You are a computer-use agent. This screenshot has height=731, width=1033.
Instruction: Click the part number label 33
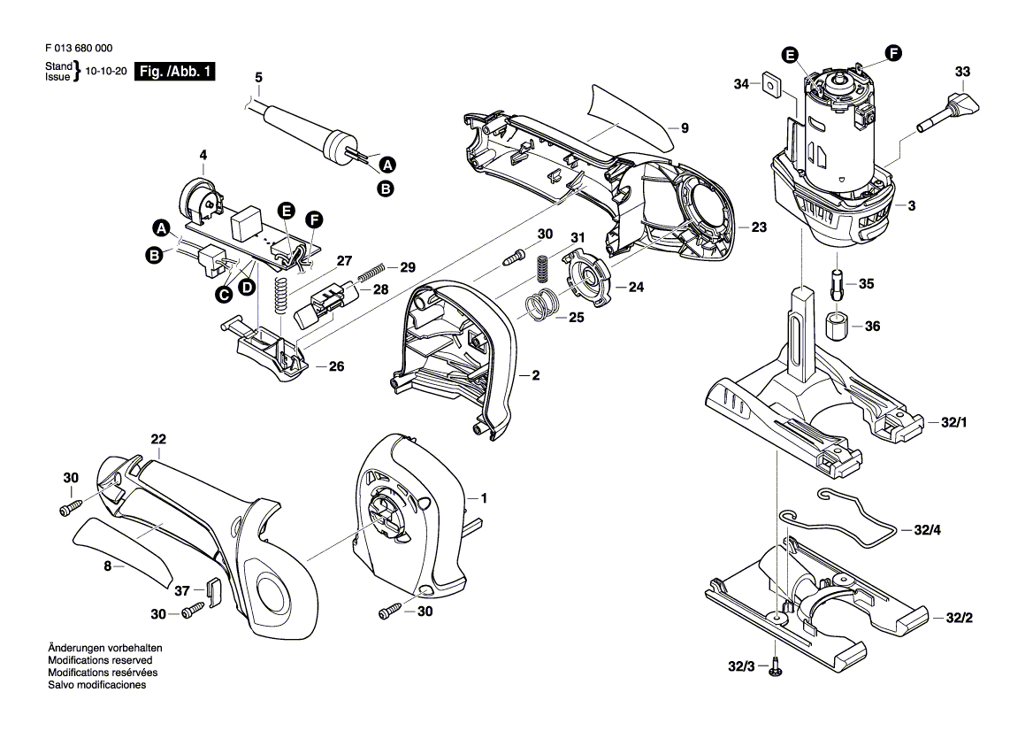(x=962, y=72)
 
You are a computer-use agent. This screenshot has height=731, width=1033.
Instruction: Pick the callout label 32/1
(x=954, y=426)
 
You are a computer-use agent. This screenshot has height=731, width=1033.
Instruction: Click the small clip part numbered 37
(x=211, y=589)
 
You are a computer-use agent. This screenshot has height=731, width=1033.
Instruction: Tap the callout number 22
(x=158, y=439)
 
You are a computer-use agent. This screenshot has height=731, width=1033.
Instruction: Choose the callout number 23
(x=758, y=227)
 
